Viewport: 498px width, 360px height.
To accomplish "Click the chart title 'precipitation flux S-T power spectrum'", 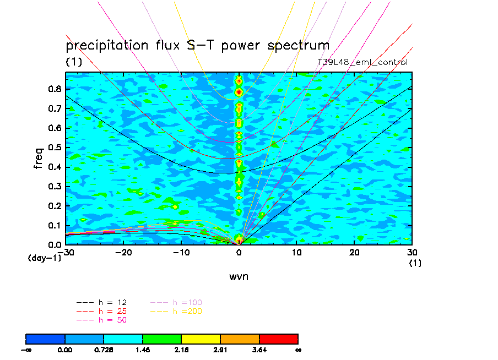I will coord(197,45).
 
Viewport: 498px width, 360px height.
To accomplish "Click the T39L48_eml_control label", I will coord(362,62).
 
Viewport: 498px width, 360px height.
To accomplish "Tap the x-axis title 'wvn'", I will coord(239,276).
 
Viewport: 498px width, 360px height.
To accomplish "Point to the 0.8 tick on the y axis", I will coord(53,89).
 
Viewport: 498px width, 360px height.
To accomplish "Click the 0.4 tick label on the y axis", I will coord(53,167).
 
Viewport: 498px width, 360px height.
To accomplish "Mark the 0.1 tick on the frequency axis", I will coord(53,225).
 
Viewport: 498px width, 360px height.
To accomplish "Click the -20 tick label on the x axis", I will coord(123,252).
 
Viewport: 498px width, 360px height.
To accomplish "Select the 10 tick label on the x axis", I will coord(297,252).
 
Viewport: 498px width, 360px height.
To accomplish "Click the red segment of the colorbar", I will coord(279,339).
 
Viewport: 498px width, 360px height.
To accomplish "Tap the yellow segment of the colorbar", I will coord(201,339).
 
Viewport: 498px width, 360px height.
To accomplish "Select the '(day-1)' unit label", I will coord(44,258).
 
